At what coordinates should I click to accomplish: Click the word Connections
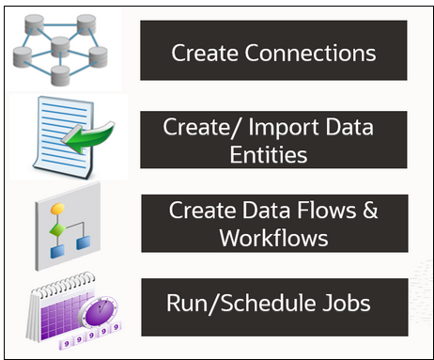tap(308, 52)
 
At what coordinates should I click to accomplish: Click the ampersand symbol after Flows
tap(369, 210)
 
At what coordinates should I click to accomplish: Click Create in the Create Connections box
tap(202, 52)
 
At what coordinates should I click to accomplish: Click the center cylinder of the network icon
tap(63, 44)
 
